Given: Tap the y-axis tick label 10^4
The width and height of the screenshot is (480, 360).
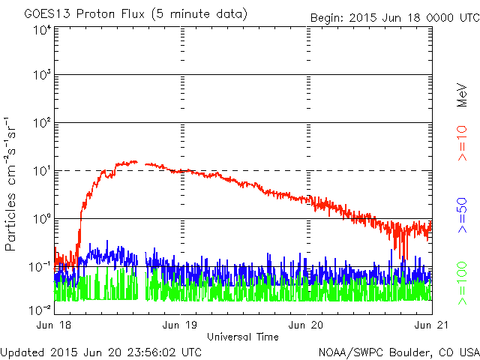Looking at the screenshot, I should point(41,29).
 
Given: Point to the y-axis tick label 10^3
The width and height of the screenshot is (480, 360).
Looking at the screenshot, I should point(41,76).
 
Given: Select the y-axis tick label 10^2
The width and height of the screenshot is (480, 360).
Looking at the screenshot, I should point(41,123).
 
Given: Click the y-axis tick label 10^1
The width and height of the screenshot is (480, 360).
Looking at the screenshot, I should point(41,171).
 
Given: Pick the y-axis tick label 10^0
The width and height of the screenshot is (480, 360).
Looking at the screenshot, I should point(41,219).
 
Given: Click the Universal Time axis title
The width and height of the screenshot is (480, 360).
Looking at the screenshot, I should point(243,337).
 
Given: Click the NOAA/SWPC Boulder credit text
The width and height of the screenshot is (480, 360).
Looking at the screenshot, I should point(398,351).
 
